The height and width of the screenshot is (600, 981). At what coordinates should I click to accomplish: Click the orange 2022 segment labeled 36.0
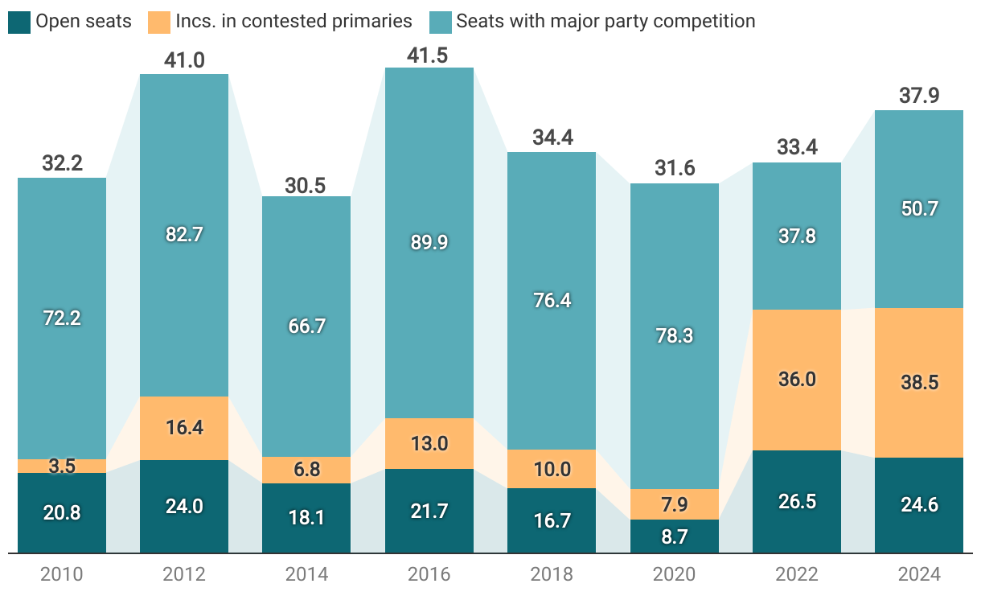pyautogui.click(x=796, y=380)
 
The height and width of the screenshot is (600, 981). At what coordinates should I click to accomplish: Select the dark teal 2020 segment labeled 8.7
pyautogui.click(x=674, y=536)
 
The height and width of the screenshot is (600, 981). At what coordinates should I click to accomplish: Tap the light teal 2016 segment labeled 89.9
pyautogui.click(x=429, y=242)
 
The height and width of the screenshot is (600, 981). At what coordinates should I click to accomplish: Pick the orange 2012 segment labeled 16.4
pyautogui.click(x=184, y=428)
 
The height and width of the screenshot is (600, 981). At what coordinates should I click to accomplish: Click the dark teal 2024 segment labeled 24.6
pyautogui.click(x=918, y=505)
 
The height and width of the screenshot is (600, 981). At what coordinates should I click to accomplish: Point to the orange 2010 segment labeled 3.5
pyautogui.click(x=62, y=466)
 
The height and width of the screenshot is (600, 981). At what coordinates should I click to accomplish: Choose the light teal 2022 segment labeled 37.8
pyautogui.click(x=796, y=236)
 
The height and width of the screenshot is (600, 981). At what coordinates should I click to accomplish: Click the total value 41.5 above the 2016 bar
pyautogui.click(x=429, y=55)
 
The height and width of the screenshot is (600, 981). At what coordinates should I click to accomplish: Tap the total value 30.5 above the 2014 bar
pyautogui.click(x=306, y=185)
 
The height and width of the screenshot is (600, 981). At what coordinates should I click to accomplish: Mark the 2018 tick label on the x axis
pyautogui.click(x=552, y=575)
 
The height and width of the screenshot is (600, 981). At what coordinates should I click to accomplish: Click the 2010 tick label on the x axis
pyautogui.click(x=62, y=575)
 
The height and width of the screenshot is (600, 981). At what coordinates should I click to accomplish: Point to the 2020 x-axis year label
pyautogui.click(x=674, y=575)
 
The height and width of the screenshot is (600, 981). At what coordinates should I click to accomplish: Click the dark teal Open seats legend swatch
pyautogui.click(x=19, y=22)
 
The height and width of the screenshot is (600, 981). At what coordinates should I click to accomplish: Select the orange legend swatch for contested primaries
pyautogui.click(x=158, y=22)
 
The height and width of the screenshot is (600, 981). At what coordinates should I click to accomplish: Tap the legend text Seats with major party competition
pyautogui.click(x=605, y=22)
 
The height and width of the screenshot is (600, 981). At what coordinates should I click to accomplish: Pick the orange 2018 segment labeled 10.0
pyautogui.click(x=552, y=469)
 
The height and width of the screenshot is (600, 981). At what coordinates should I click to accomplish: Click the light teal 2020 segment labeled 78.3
pyautogui.click(x=674, y=335)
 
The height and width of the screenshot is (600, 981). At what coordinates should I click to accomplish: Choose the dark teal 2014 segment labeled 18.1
pyautogui.click(x=306, y=518)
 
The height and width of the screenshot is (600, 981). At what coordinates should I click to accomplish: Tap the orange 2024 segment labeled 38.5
pyautogui.click(x=918, y=383)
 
